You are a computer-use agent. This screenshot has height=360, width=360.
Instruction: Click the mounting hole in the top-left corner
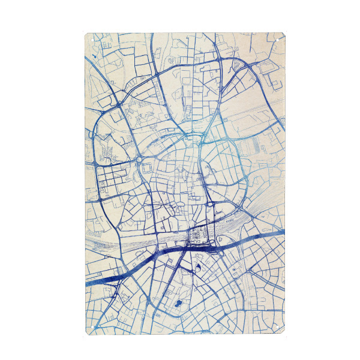[89, 38]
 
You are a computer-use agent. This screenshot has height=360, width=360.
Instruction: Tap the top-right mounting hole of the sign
[280, 38]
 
